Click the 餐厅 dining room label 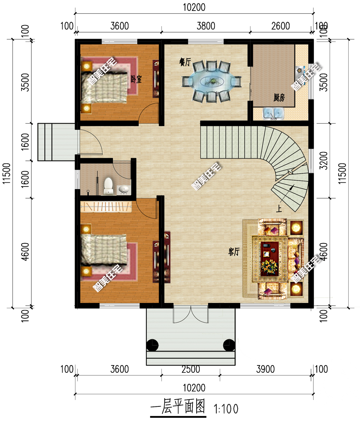pyautogui.click(x=185, y=63)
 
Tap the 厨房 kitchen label pyautogui.click(x=279, y=97)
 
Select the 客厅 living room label pyautogui.click(x=234, y=252)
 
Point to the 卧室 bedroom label pyautogui.click(x=136, y=79)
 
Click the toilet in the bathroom pyautogui.click(x=108, y=186)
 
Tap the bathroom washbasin pyautogui.click(x=124, y=190)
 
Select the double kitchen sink pyautogui.click(x=273, y=113)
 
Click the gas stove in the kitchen pyautogui.click(x=300, y=71)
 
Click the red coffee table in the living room pyautogui.click(x=269, y=258)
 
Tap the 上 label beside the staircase pyautogui.click(x=279, y=209)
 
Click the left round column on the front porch pyautogui.click(x=152, y=345)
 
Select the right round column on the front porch pyautogui.click(x=229, y=345)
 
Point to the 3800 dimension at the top pyautogui.click(x=206, y=26)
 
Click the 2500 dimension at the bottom pyautogui.click(x=191, y=369)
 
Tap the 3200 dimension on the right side pyautogui.click(x=324, y=161)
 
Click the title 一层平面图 pyautogui.click(x=178, y=407)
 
